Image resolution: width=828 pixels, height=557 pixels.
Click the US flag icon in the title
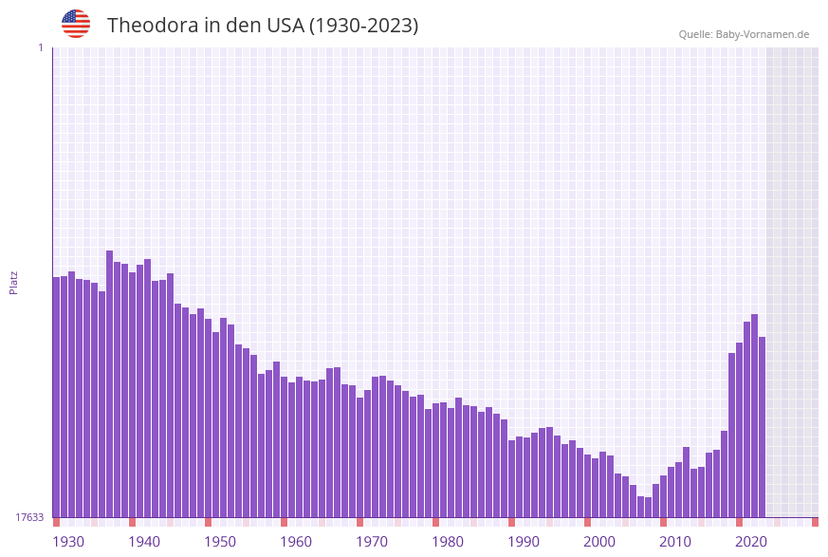[76, 24]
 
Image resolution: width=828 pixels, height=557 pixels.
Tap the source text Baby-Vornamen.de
[763, 34]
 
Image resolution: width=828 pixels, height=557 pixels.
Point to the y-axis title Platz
[14, 282]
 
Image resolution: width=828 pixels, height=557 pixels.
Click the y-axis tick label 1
[40, 47]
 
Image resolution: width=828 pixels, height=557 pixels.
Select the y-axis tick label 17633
[29, 517]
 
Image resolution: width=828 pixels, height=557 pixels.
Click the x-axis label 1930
[68, 542]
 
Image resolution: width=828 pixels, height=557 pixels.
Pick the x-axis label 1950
[220, 542]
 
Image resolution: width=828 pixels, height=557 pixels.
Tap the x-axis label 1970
[372, 542]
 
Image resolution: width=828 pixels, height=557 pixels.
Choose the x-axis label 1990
[524, 542]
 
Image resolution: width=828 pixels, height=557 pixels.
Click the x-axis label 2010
[675, 542]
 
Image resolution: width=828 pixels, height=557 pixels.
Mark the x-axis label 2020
[751, 542]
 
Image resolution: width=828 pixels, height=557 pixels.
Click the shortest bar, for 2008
[649, 508]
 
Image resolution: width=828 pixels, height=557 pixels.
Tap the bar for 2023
[763, 427]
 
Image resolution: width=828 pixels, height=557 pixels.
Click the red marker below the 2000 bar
[588, 522]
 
